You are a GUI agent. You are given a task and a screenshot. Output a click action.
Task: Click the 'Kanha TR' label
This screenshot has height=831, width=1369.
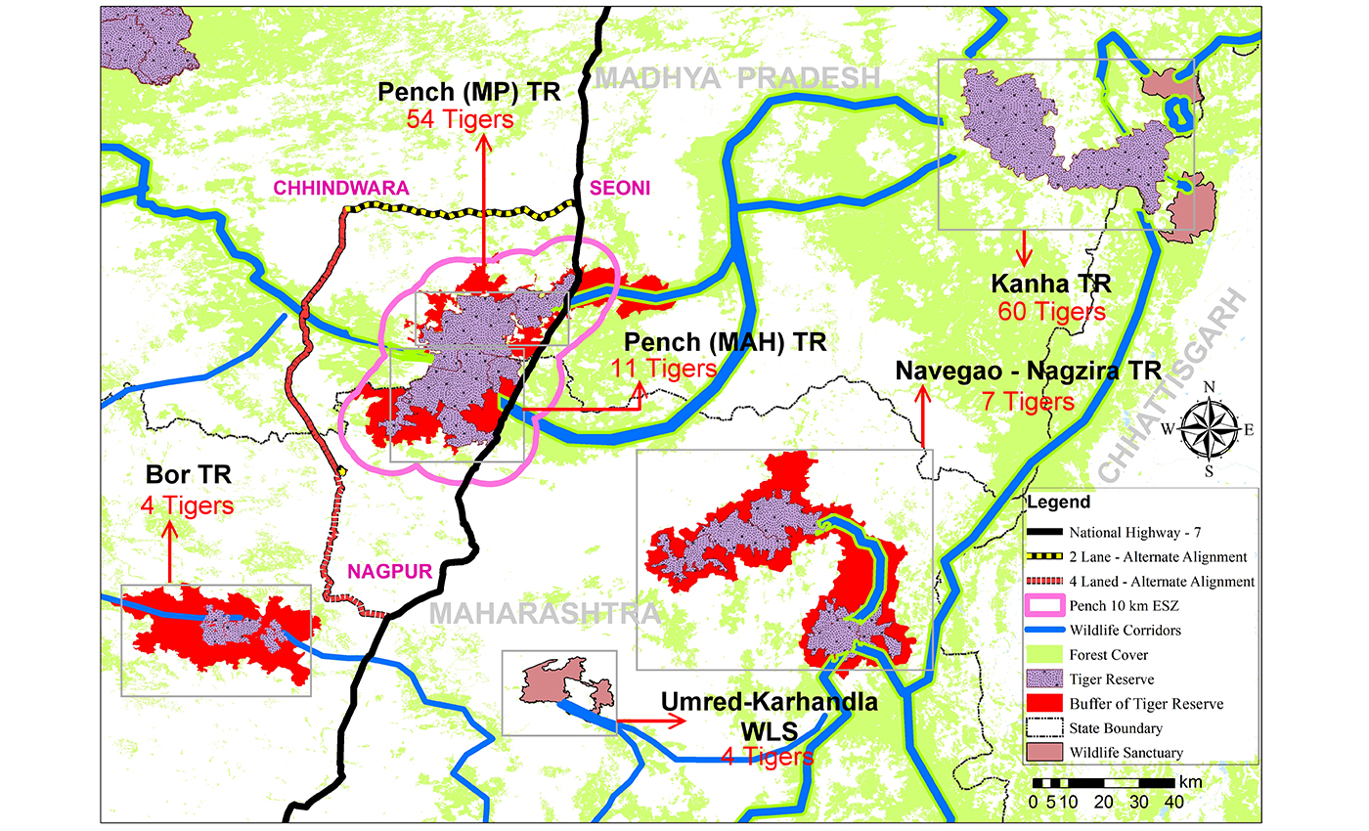tap(1051, 284)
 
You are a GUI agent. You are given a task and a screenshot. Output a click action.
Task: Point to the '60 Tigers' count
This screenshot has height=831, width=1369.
tap(1051, 312)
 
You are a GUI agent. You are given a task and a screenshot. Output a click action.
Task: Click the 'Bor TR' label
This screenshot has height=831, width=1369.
tap(188, 477)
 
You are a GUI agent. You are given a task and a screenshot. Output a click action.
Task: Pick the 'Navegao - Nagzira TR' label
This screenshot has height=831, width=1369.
tap(1028, 372)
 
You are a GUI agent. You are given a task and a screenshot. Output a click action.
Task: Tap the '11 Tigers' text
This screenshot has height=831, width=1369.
tap(663, 370)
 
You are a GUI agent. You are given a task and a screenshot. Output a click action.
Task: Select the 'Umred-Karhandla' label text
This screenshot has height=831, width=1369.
tap(769, 702)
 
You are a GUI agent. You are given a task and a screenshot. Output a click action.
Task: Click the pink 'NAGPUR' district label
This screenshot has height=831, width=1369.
tap(391, 572)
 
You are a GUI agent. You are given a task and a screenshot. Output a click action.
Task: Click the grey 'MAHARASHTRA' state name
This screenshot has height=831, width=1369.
tap(546, 613)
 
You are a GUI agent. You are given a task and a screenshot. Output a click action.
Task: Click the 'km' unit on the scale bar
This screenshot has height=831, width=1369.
tap(1190, 782)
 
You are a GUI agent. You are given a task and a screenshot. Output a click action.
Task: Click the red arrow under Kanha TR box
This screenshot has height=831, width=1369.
tap(1024, 248)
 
